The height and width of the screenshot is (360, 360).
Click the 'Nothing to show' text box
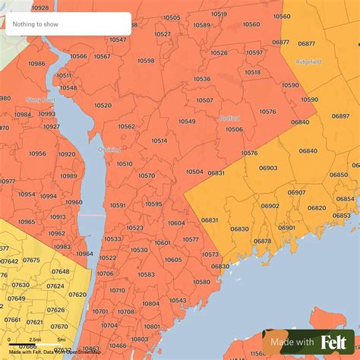68,24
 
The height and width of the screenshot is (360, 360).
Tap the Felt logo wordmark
333,343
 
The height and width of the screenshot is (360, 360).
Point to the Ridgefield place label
308,61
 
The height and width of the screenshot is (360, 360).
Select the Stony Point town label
41,99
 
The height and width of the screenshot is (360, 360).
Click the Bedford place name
229,118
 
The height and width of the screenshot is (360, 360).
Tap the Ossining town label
109,150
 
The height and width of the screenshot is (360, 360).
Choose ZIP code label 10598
146,61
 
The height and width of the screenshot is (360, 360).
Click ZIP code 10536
202,79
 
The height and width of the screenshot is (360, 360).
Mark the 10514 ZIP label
159,141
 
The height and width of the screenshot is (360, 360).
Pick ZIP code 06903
267,168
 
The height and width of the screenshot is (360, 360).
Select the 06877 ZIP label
280,43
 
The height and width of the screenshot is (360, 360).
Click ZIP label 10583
146,274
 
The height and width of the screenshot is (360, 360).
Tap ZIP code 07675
32,260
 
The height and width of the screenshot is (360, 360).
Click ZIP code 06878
262,241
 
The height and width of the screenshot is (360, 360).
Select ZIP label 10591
118,205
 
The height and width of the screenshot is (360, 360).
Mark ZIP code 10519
219,14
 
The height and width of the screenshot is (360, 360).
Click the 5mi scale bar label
61,339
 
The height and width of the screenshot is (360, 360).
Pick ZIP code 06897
341,116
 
